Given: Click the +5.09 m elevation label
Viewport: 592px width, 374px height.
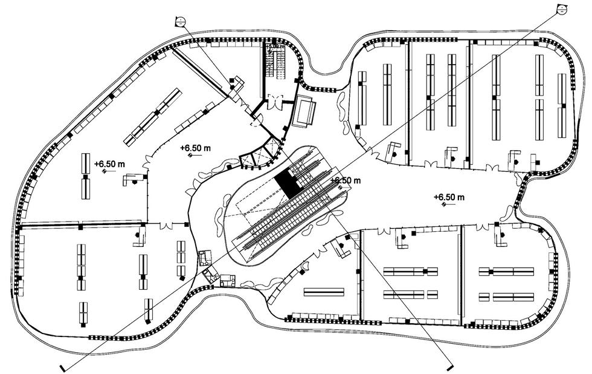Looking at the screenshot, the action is click(274, 45).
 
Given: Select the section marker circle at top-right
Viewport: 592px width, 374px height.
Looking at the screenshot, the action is click(561, 8).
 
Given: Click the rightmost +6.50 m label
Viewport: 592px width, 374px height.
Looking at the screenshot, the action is click(449, 197).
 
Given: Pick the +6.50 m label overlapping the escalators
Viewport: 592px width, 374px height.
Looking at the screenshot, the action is click(345, 181).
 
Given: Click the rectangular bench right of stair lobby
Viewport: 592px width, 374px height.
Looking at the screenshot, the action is click(303, 110).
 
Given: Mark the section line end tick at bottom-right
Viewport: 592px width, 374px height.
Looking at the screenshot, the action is click(449, 367).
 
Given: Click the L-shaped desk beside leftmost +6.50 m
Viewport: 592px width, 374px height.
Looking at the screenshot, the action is click(133, 179).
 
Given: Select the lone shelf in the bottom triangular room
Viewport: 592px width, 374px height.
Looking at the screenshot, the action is click(323, 292).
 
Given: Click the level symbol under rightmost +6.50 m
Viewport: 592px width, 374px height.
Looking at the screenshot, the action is click(445, 205).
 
